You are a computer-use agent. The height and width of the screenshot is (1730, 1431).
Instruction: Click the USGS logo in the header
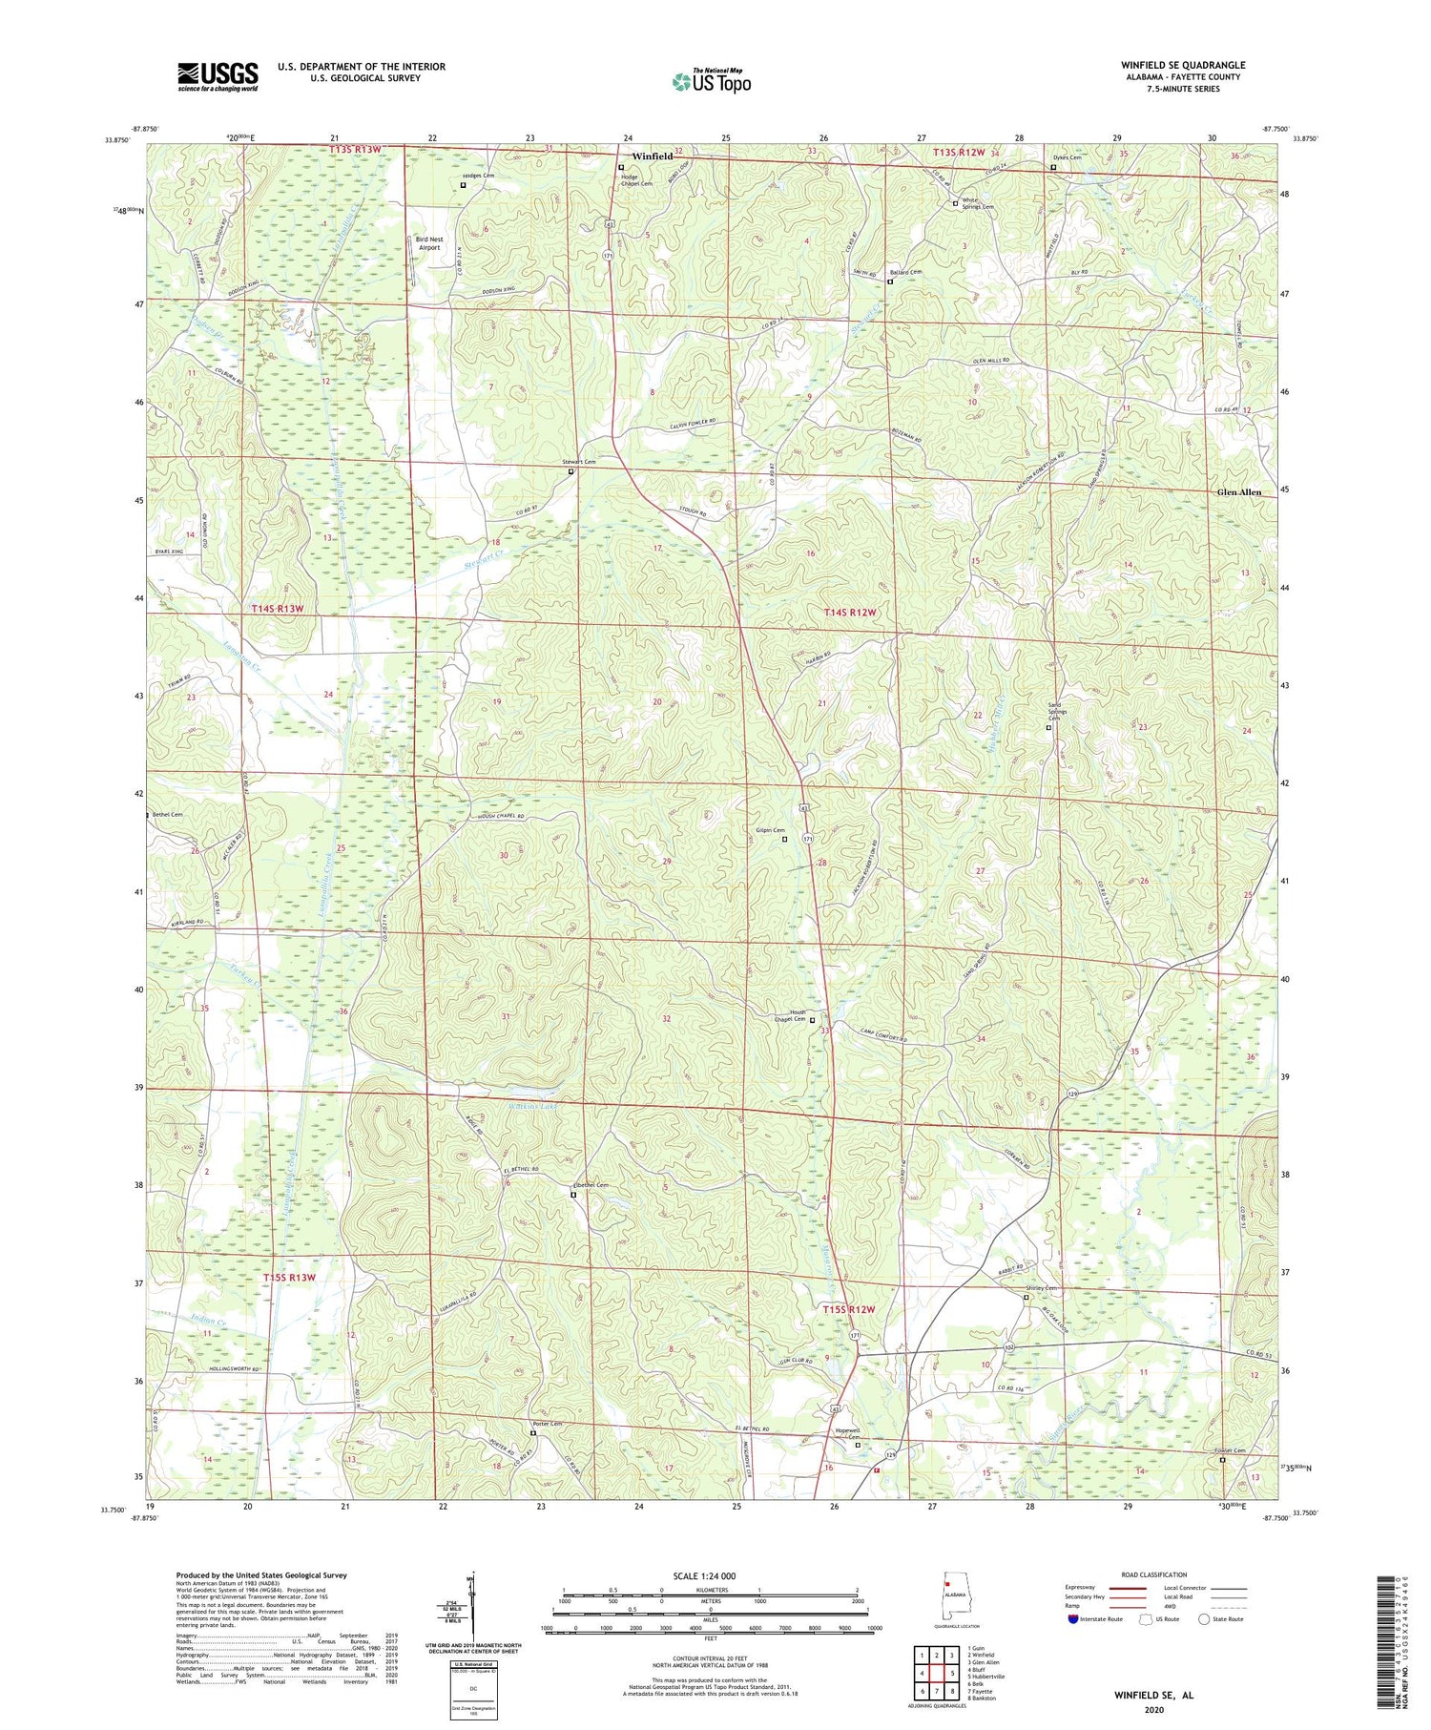click(x=218, y=76)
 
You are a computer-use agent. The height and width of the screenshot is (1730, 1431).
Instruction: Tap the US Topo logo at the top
click(x=711, y=82)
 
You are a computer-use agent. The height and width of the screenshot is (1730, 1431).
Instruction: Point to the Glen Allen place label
click(x=1238, y=492)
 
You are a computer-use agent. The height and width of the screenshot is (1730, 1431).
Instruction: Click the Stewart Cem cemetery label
click(x=578, y=462)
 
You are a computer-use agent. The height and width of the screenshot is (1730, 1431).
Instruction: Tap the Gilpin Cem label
click(x=771, y=830)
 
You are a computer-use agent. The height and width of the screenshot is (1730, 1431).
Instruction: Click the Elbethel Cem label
click(x=589, y=1185)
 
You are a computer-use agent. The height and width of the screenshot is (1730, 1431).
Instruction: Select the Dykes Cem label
click(x=1067, y=158)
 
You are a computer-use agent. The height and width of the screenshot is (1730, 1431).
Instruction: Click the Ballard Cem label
click(x=905, y=272)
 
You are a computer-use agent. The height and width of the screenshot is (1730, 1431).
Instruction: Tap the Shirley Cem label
click(x=1041, y=1288)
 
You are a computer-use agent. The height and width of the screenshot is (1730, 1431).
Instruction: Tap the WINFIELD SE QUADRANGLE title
click(x=1183, y=65)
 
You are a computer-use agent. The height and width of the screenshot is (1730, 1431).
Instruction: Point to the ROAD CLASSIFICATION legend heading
click(x=1154, y=1574)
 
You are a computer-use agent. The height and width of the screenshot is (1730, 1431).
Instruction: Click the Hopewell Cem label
click(x=847, y=1434)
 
